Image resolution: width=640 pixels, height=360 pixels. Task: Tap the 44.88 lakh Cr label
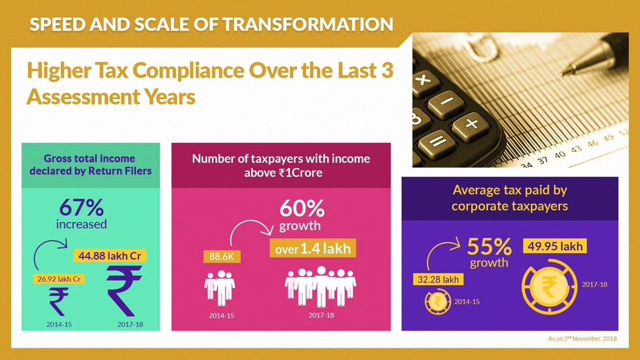[110, 256]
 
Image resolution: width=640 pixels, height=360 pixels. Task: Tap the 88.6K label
[222, 257]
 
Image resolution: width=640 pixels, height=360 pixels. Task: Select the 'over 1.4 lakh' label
[313, 248]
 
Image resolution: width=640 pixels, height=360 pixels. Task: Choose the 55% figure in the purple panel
[490, 246]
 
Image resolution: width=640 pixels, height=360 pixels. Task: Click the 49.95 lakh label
[556, 246]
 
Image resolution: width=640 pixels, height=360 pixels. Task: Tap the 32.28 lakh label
[437, 279]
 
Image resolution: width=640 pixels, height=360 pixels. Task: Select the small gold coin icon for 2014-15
[436, 302]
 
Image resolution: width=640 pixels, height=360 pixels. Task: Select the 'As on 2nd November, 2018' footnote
[582, 339]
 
